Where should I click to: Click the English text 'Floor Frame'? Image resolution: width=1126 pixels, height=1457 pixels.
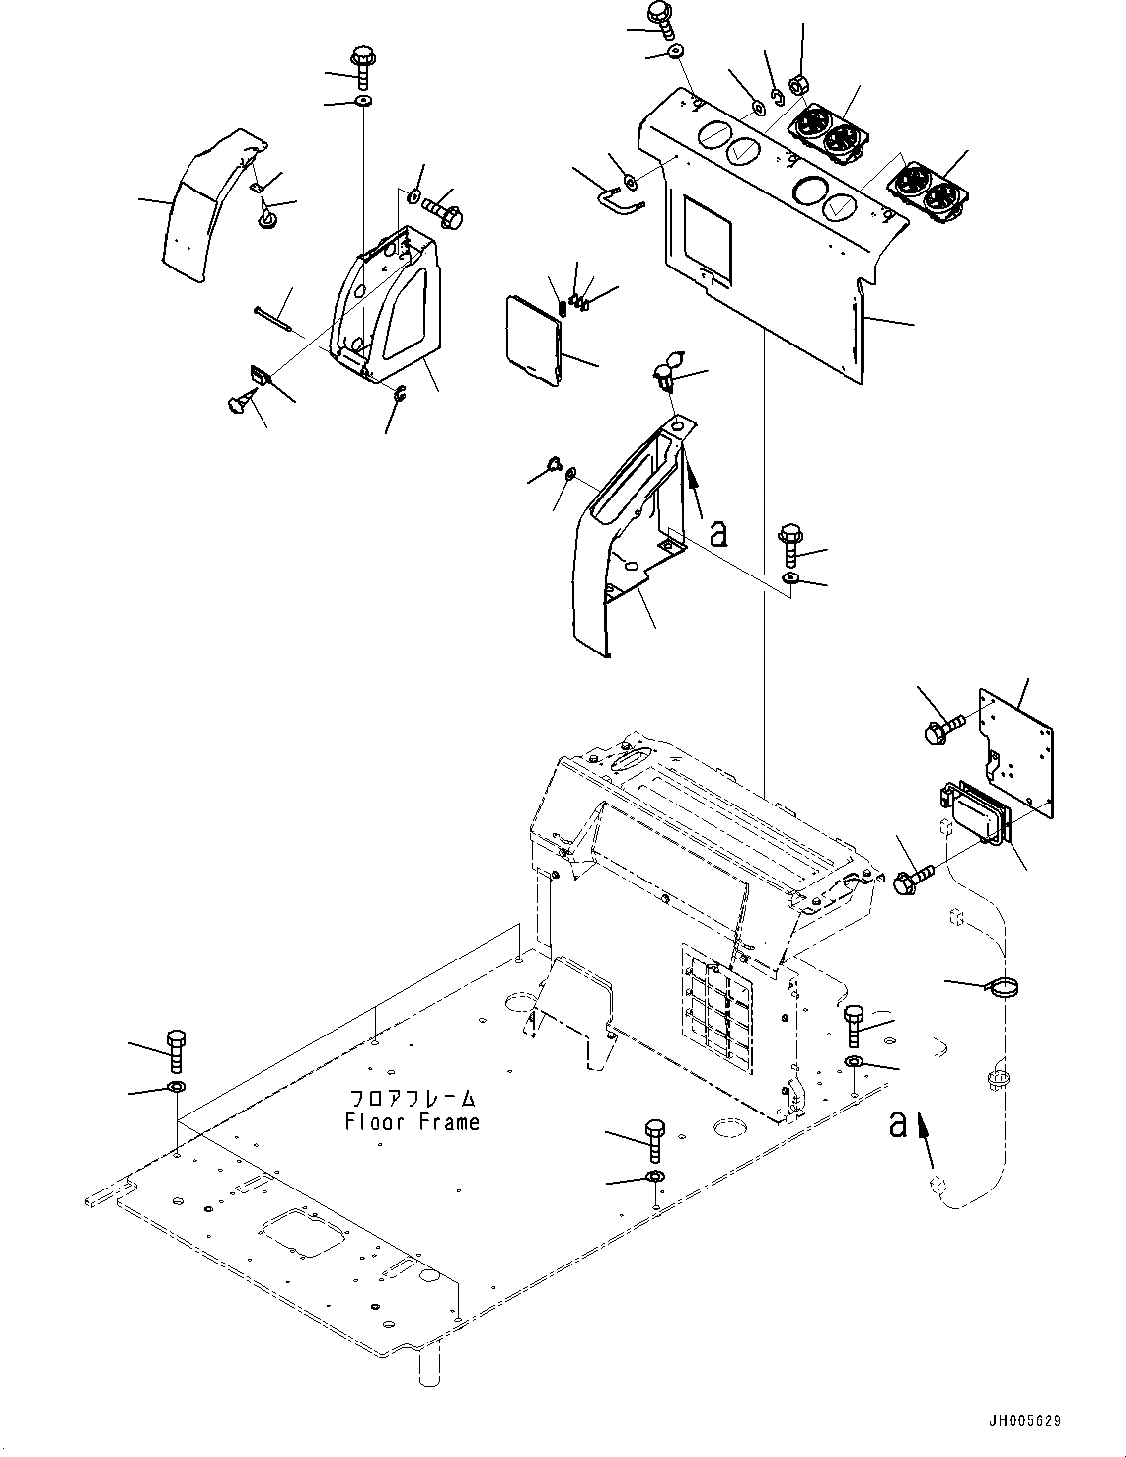pos(412,1122)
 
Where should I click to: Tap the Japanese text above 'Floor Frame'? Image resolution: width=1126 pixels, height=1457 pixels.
pos(413,1098)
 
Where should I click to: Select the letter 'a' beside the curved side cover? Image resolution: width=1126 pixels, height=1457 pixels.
pos(718,533)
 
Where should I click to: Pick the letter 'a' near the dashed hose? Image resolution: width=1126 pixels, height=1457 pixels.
pos(897,1122)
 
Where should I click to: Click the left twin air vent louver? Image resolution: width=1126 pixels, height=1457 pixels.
pos(827,134)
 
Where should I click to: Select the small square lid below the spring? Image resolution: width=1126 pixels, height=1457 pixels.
pos(533,338)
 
